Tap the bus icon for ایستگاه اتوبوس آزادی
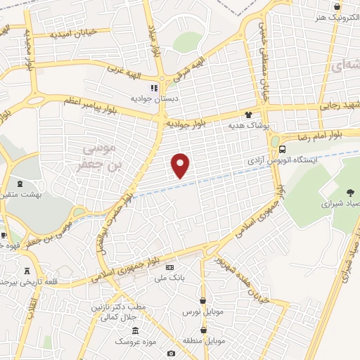pos(282,149)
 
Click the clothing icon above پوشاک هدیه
pos(247,114)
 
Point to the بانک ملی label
pos(170,278)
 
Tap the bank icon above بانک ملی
pos(169,268)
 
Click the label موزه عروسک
pos(134,341)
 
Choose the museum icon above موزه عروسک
pos(134,330)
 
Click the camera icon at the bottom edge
pos(171,353)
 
